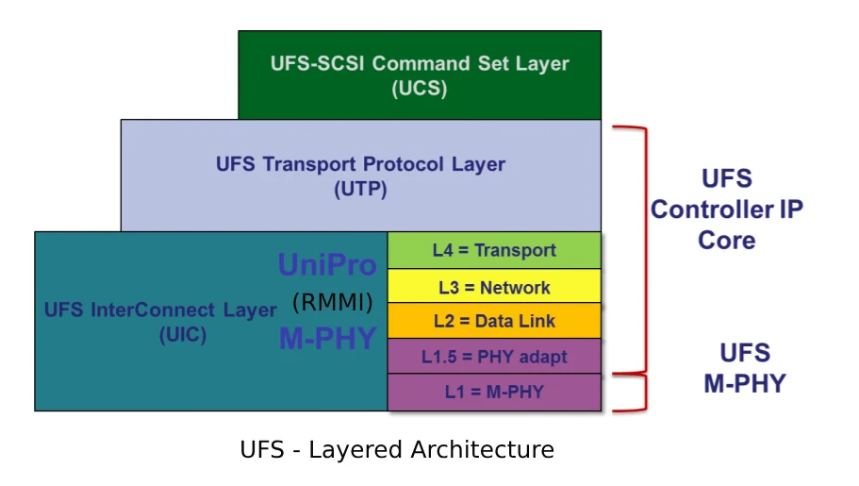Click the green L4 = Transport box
point(494,250)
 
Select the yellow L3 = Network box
point(494,286)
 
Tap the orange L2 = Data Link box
point(494,321)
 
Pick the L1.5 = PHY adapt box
point(494,357)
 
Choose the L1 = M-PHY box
point(494,393)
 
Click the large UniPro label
point(327,264)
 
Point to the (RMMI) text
point(333,302)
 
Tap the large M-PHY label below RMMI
point(327,338)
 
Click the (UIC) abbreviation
point(183,335)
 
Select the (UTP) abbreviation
point(360,189)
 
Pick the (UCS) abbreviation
point(420,89)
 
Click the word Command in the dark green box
point(421,63)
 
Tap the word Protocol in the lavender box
point(404,164)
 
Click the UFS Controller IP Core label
point(727,209)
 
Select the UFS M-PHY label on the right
point(745,368)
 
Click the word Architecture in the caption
point(483,450)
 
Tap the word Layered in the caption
point(356,451)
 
